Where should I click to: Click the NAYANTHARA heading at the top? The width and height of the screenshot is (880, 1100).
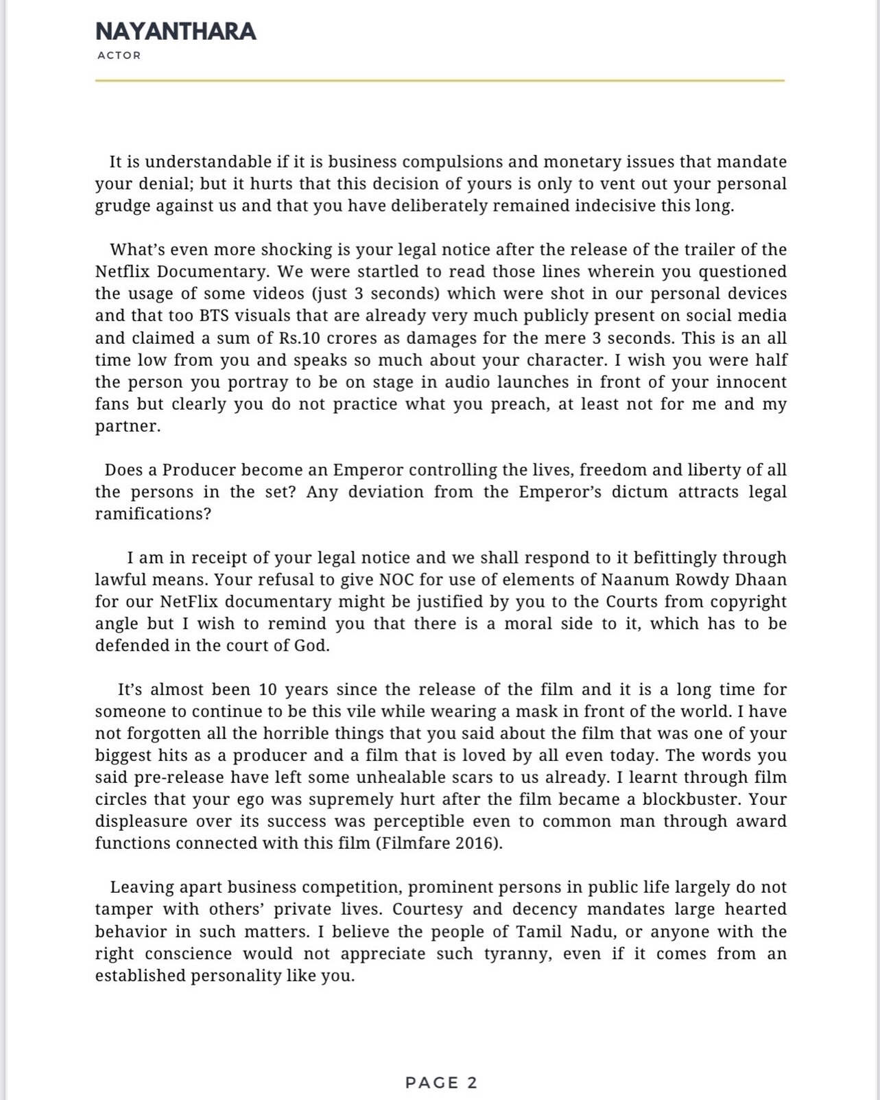pos(176,32)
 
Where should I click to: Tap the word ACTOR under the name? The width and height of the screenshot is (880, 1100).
pos(119,56)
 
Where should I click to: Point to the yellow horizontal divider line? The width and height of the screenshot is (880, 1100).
pos(439,80)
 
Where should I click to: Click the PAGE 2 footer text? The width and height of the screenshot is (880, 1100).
pos(441,1083)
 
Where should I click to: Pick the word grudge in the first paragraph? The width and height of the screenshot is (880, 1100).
pos(123,206)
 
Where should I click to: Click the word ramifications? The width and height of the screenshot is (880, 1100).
pos(152,514)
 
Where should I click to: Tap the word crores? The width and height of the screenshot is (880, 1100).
pos(363,338)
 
